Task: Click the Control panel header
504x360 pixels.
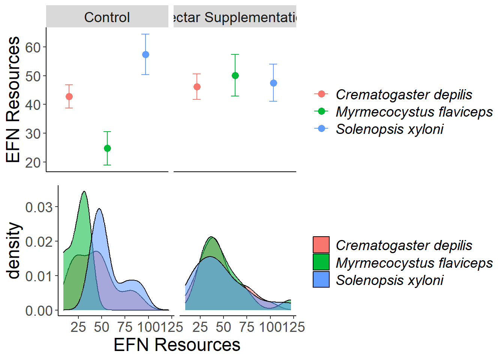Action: point(107,17)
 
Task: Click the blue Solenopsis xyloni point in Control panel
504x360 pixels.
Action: point(145,55)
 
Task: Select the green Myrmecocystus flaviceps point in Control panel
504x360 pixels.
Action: point(107,148)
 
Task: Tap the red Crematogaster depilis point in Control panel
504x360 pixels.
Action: point(69,97)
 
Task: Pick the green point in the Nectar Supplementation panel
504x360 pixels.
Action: point(235,76)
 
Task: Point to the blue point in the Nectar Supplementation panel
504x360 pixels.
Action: point(273,83)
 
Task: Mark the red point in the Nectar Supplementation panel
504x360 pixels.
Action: point(197,87)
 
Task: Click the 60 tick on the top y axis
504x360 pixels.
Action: point(33,48)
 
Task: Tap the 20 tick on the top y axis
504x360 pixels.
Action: point(33,163)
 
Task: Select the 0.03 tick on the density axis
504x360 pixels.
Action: point(39,207)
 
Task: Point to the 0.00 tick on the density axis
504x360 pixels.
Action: point(39,311)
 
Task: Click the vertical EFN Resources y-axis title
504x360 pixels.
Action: point(13,99)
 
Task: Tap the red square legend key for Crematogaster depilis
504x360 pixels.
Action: point(321,245)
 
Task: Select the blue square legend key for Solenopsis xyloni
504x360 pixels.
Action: point(321,279)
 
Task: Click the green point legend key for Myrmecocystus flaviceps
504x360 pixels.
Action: point(321,111)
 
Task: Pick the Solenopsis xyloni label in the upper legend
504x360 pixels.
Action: point(389,129)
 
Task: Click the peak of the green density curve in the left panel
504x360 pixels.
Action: point(84,192)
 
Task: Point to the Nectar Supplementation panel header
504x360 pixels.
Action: point(235,17)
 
